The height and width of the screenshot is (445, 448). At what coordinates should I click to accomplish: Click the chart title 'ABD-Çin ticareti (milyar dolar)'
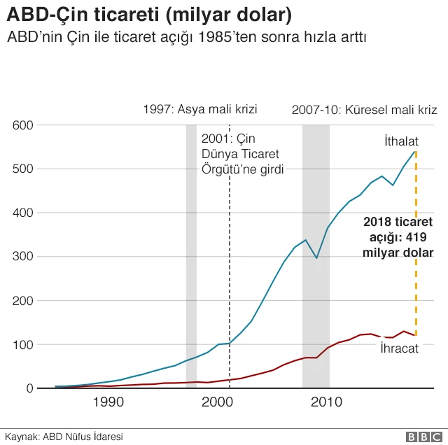[148, 15]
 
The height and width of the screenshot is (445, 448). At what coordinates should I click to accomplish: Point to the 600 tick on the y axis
[24, 125]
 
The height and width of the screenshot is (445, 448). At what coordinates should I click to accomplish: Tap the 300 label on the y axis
[24, 257]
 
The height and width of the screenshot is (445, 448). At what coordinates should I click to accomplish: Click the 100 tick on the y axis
[24, 344]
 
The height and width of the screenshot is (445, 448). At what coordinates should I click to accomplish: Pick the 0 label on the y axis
[29, 388]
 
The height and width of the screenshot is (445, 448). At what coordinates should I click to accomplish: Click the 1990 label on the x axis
[108, 402]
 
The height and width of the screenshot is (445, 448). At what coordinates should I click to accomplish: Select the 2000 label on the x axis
[218, 402]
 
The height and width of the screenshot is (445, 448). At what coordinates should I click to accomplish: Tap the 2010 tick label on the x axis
[326, 402]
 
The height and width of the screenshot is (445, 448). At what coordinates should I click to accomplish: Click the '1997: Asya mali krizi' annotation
[200, 109]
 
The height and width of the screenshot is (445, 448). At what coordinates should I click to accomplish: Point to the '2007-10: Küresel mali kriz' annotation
[364, 110]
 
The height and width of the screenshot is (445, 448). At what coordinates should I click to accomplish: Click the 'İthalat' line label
[400, 140]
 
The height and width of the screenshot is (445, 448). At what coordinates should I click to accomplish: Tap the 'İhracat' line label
[399, 348]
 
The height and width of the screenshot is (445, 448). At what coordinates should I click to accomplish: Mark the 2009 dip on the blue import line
[316, 258]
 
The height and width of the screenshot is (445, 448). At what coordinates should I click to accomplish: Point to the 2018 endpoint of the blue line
[416, 152]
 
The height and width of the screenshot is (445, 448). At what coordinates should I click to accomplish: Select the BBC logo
[420, 436]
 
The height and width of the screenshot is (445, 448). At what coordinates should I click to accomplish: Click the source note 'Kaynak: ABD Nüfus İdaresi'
[55, 436]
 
